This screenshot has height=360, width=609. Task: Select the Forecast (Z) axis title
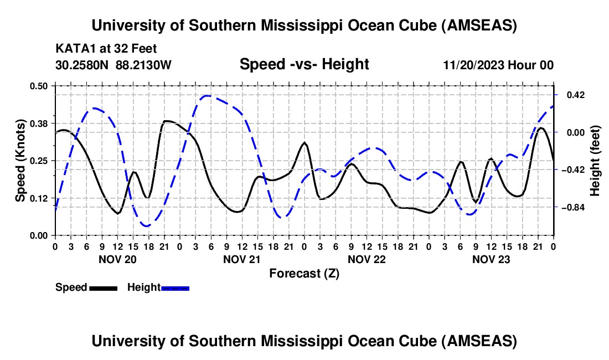[304, 273]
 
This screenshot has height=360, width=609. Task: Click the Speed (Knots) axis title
[20, 161]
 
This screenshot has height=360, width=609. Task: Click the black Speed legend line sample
[103, 287]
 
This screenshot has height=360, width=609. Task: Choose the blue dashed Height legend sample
[176, 287]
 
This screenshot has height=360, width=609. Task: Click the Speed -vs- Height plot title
[304, 64]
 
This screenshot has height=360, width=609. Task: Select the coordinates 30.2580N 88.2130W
[113, 65]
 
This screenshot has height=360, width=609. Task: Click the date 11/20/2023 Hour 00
[498, 65]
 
